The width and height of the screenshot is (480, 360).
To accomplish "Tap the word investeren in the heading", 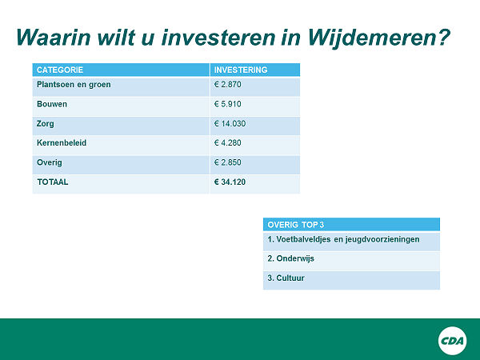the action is [219, 38].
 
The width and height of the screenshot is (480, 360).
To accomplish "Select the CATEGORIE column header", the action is [60, 70].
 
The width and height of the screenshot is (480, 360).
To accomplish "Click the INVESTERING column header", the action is [241, 70].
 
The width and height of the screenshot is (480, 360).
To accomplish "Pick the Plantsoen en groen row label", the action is [74, 85].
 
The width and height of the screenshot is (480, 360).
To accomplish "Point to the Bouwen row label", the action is [52, 104].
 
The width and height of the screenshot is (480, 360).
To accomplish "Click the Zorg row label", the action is [46, 124].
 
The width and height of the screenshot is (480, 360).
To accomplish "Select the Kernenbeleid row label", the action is [62, 143].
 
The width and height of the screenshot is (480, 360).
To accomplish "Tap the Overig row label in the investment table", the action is [50, 162].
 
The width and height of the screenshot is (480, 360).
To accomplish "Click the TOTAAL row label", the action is [53, 182].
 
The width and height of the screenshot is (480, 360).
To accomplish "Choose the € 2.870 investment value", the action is [228, 85].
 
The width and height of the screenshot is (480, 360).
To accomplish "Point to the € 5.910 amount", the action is [228, 104].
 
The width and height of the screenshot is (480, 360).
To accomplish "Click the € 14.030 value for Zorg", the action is [230, 124].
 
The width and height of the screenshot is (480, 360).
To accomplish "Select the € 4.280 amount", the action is [228, 143].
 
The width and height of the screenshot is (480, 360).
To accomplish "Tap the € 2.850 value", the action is [228, 162].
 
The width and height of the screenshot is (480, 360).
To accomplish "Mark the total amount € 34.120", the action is [230, 182].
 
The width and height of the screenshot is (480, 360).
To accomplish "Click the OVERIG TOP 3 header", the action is [296, 225].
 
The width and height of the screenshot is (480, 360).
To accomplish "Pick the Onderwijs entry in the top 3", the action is [291, 258].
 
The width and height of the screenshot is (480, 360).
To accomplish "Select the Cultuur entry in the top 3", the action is [286, 278].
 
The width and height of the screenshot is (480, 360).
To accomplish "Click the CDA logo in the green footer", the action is [453, 341].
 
